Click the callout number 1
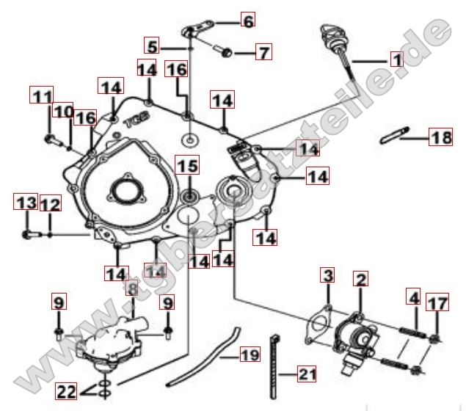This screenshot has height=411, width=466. click(396, 59)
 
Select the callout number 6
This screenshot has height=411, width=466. click(248, 21)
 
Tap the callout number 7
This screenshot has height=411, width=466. click(263, 52)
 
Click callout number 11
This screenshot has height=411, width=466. click(43, 95)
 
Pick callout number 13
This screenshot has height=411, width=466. click(26, 202)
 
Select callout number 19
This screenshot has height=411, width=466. click(250, 356)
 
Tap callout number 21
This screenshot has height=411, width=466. click(306, 374)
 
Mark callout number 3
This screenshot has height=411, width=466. click(328, 277)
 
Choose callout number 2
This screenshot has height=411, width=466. click(360, 279)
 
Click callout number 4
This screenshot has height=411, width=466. click(415, 299)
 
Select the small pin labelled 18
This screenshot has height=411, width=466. click(394, 137)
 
